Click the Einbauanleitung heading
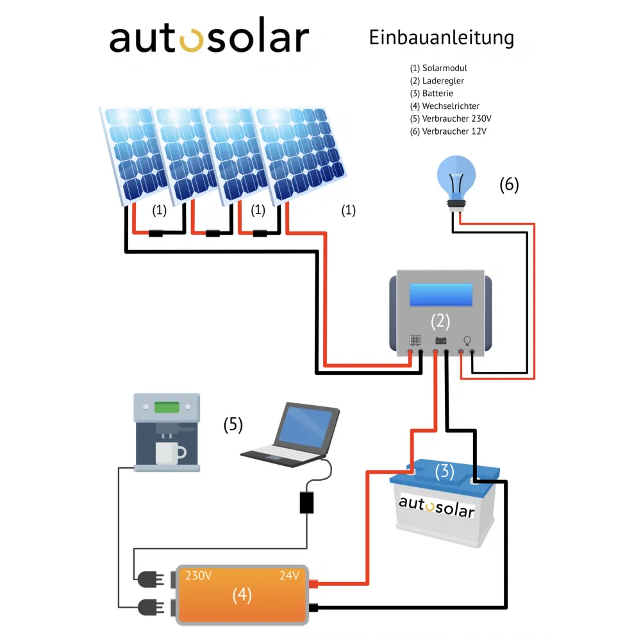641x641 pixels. [441, 38]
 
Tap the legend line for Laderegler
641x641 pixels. [437, 81]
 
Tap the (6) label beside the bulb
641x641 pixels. [509, 185]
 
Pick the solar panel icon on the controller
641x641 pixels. [415, 340]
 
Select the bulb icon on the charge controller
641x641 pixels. [467, 340]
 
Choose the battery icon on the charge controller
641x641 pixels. [441, 340]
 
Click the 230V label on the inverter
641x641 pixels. [199, 576]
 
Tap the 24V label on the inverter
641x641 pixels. [289, 576]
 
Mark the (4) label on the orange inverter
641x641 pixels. [242, 595]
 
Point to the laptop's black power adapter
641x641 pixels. [307, 502]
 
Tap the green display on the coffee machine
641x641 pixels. [167, 406]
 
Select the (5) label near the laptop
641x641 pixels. [233, 424]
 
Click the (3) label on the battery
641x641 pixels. [444, 472]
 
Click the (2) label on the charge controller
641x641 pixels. [440, 321]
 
